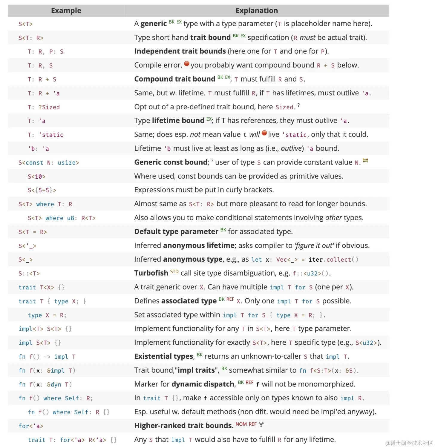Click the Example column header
pyautogui.click(x=66, y=11)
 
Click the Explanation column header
pyautogui.click(x=257, y=11)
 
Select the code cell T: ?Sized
pyautogui.click(x=44, y=107)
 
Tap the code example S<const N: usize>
pyautogui.click(x=49, y=163)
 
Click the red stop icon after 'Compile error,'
pyautogui.click(x=187, y=64)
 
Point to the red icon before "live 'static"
pyautogui.click(x=264, y=133)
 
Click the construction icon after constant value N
pyautogui.click(x=365, y=161)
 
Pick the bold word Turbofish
pyautogui.click(x=151, y=273)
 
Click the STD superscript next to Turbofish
pyautogui.click(x=174, y=272)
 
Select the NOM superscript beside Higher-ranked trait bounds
pyautogui.click(x=241, y=424)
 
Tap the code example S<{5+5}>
pyautogui.click(x=42, y=190)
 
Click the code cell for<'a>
pyautogui.click(x=31, y=426)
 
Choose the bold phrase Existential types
pyautogui.click(x=164, y=357)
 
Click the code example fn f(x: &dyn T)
pyautogui.click(x=45, y=385)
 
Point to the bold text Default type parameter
pyautogui.click(x=176, y=232)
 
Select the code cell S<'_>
pyautogui.click(x=27, y=246)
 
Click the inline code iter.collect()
pyautogui.click(x=333, y=260)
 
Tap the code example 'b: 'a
pyautogui.click(x=38, y=149)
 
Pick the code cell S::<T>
pyautogui.click(x=29, y=274)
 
